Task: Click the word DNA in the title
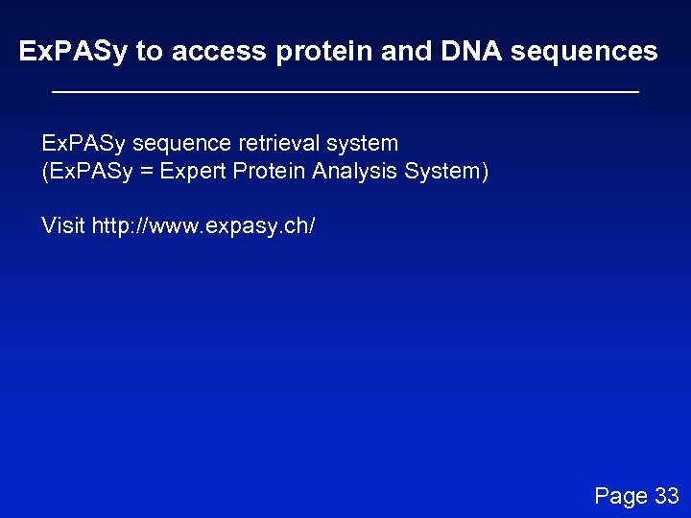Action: click(x=471, y=52)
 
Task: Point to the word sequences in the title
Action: click(x=584, y=52)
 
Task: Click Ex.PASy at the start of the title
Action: click(x=73, y=52)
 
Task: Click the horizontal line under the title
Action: click(x=345, y=92)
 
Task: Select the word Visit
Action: click(x=63, y=226)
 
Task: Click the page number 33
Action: click(x=666, y=496)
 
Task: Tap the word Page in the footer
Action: click(x=621, y=496)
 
